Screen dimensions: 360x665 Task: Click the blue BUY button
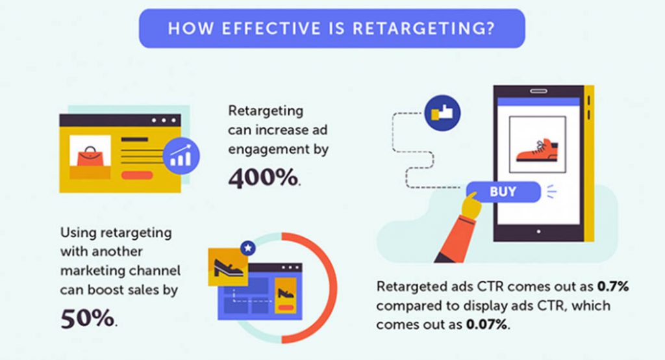click(503, 192)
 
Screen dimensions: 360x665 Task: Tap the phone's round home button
click(537, 231)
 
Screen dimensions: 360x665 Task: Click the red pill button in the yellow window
click(136, 175)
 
